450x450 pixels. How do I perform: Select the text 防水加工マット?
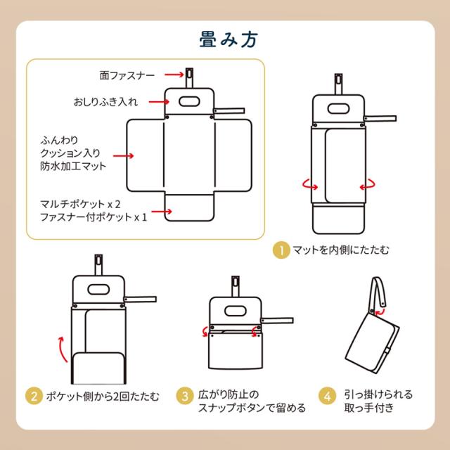click(x=74, y=166)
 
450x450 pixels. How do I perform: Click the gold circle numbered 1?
click(x=281, y=249)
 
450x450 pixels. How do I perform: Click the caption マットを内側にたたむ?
click(x=330, y=250)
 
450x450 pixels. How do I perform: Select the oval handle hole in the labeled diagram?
click(x=188, y=101)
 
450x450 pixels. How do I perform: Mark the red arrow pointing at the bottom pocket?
click(x=164, y=210)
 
